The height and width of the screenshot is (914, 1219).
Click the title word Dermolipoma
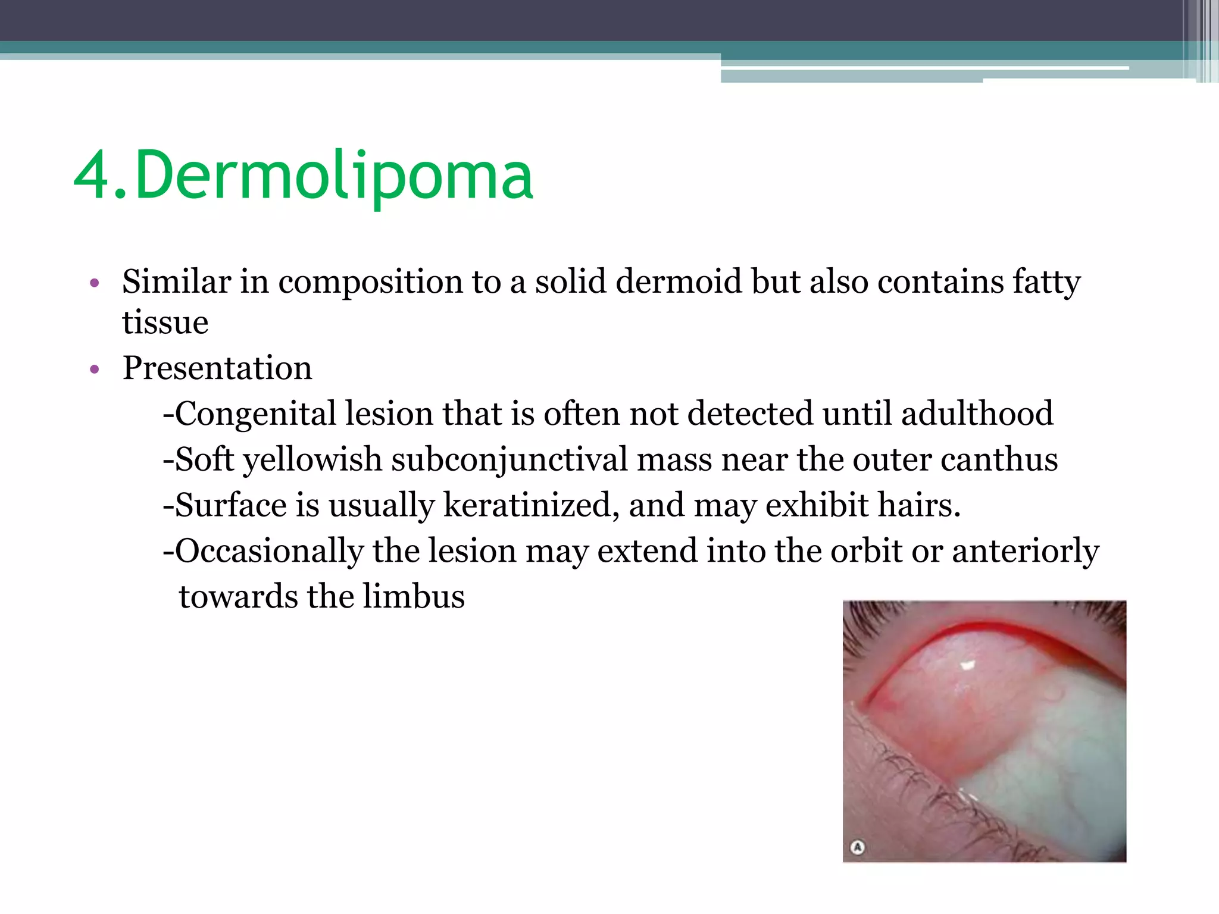tap(333, 176)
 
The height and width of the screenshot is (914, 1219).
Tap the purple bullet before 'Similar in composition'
tap(94, 283)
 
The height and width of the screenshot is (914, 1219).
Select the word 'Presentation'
tap(217, 368)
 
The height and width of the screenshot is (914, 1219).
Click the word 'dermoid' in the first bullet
tap(678, 281)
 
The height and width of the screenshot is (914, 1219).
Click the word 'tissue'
tap(165, 323)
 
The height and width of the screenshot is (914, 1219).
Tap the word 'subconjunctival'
tap(509, 460)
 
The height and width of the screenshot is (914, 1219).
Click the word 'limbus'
tap(414, 597)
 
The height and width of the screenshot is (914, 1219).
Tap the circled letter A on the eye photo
tap(857, 847)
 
